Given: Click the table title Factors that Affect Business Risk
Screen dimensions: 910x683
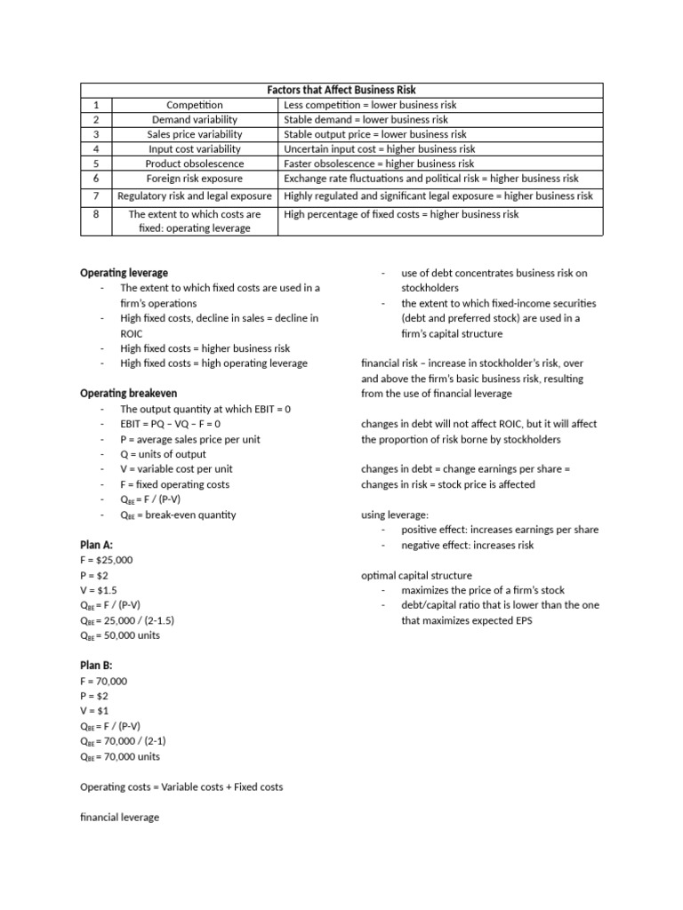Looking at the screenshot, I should click(341, 90).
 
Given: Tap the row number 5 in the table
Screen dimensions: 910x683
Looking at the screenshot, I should click(96, 164).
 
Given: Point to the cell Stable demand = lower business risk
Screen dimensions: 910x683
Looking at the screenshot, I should click(366, 119).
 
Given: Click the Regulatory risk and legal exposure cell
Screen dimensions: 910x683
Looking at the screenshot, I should click(194, 196).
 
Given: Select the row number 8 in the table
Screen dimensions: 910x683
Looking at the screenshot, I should click(96, 214).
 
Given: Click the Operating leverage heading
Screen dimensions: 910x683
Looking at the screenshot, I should click(124, 273).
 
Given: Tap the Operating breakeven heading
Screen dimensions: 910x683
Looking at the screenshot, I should click(128, 394).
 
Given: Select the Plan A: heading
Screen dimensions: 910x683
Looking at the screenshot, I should click(97, 545).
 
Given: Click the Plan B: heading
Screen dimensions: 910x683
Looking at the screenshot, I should click(97, 666).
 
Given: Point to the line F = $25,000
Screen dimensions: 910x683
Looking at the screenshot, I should click(106, 561).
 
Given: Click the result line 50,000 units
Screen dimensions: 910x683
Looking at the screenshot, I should click(120, 635).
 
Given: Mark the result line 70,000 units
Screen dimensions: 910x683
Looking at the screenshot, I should click(120, 757).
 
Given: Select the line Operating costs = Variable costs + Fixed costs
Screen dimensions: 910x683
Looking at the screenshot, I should click(181, 787).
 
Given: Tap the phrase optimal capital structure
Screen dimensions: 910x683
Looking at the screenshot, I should click(416, 575).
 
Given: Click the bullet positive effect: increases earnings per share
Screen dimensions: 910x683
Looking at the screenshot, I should click(500, 530).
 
